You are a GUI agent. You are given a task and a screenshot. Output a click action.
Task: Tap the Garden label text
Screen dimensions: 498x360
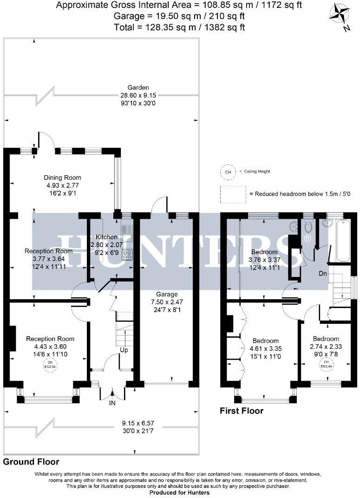click(x=139, y=87)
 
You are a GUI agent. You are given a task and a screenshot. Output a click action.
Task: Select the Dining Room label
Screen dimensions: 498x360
click(x=62, y=177)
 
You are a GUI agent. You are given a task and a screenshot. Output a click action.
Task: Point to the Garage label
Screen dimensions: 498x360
click(x=167, y=295)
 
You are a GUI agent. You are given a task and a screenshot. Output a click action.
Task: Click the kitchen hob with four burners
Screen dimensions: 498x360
click(x=127, y=255)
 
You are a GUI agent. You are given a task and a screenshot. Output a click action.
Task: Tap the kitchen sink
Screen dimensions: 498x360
click(x=127, y=231)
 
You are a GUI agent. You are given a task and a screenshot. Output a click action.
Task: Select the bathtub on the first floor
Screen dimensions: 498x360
click(x=344, y=242)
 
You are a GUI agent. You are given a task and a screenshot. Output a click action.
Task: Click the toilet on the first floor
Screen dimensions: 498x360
click(x=308, y=226)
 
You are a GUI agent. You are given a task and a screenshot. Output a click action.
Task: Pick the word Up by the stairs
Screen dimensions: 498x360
click(x=123, y=349)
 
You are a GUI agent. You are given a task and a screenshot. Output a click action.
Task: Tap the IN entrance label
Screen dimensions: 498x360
click(x=112, y=404)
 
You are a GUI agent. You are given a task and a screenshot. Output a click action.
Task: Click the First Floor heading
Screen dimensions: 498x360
click(x=241, y=411)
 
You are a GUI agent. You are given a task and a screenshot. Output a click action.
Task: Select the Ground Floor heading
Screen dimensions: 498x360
click(x=31, y=462)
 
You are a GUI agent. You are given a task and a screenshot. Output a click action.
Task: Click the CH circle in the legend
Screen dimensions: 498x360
click(x=228, y=172)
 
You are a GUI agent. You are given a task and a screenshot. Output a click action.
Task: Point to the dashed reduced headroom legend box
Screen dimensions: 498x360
click(x=233, y=194)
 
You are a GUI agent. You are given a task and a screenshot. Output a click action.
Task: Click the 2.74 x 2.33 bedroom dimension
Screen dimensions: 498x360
click(x=325, y=347)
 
